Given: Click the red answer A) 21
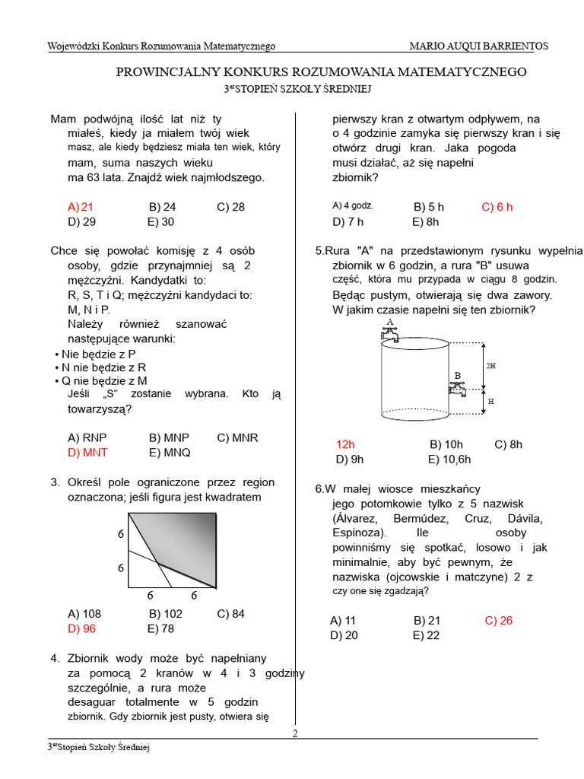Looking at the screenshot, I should (x=81, y=207).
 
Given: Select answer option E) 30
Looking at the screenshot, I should (x=160, y=222).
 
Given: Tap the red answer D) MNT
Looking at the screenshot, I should (x=87, y=452).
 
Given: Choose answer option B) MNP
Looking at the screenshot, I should (x=169, y=437).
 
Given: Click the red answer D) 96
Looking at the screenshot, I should (x=82, y=628).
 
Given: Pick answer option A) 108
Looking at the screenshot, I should (x=84, y=614).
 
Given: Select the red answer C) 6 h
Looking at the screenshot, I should (x=497, y=207).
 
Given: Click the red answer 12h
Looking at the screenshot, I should (x=346, y=444).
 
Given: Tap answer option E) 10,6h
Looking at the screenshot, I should (x=449, y=459).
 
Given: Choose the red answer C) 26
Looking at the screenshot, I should (x=499, y=621).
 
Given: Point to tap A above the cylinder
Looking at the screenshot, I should (x=390, y=331).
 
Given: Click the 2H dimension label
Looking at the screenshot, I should (x=491, y=366).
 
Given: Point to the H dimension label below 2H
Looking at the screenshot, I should (x=491, y=400).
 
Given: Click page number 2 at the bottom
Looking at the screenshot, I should (x=295, y=733).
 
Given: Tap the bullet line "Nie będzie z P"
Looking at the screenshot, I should (x=99, y=355).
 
